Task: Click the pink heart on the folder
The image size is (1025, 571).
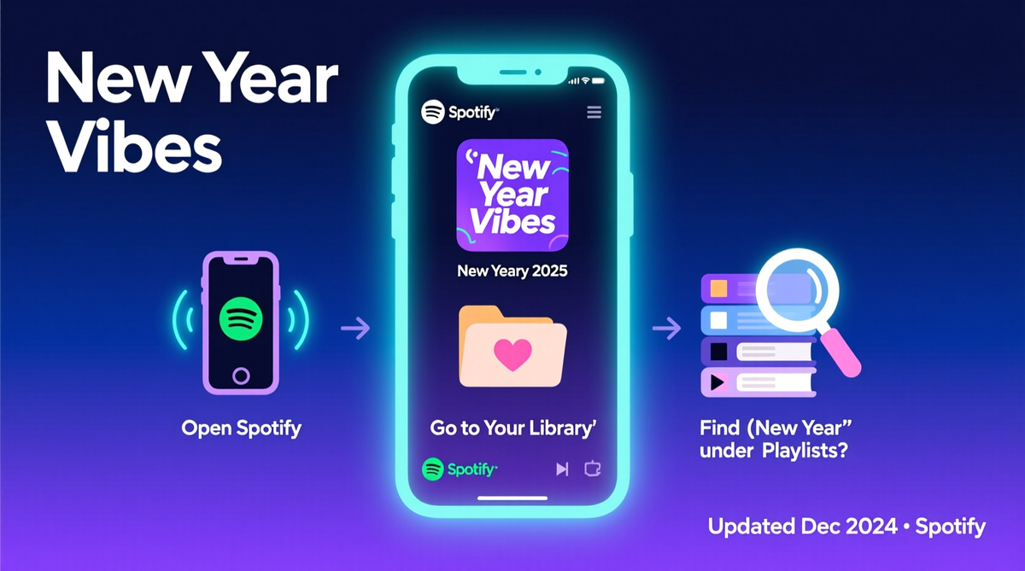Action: [512, 354]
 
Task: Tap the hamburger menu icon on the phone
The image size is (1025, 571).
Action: [594, 112]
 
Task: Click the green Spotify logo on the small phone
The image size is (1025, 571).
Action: [241, 318]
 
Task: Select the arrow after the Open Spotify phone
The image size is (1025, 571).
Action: [355, 328]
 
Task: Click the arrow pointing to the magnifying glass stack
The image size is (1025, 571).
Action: [667, 328]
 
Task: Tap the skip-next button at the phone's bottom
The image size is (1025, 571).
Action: [562, 469]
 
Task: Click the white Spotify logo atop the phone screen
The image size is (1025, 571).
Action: [432, 112]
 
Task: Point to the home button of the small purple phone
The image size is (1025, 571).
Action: [241, 376]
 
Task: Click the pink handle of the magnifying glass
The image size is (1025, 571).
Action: [841, 353]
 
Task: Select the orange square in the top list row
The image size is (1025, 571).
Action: [718, 288]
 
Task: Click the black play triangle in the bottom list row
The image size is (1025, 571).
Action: [717, 382]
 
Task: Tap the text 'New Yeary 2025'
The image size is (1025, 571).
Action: [512, 271]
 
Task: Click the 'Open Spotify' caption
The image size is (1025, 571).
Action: [241, 428]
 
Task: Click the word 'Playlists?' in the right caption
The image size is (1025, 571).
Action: [805, 451]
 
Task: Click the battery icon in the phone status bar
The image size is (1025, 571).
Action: [598, 81]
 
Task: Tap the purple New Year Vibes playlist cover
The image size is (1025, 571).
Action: [512, 195]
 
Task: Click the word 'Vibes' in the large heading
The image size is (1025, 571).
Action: [135, 145]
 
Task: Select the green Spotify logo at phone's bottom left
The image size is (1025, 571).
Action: [432, 469]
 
